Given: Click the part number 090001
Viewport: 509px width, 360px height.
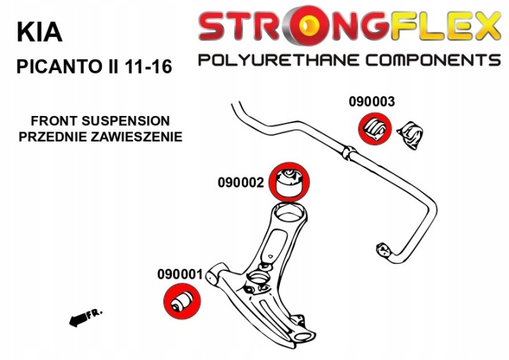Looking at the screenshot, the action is [x=180, y=274].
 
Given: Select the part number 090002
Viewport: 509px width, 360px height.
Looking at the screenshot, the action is [x=241, y=182].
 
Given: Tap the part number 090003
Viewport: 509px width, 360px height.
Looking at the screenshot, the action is [x=371, y=101].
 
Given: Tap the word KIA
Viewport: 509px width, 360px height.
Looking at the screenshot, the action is [x=39, y=32].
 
